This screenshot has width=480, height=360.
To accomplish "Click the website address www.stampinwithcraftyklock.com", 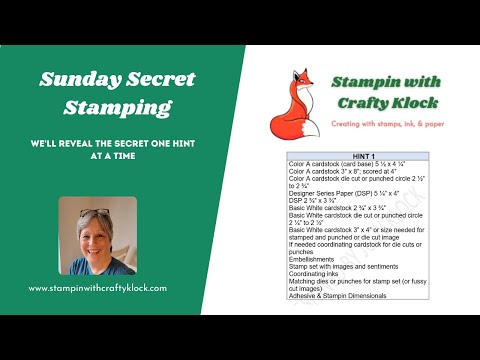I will [x=97, y=288].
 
